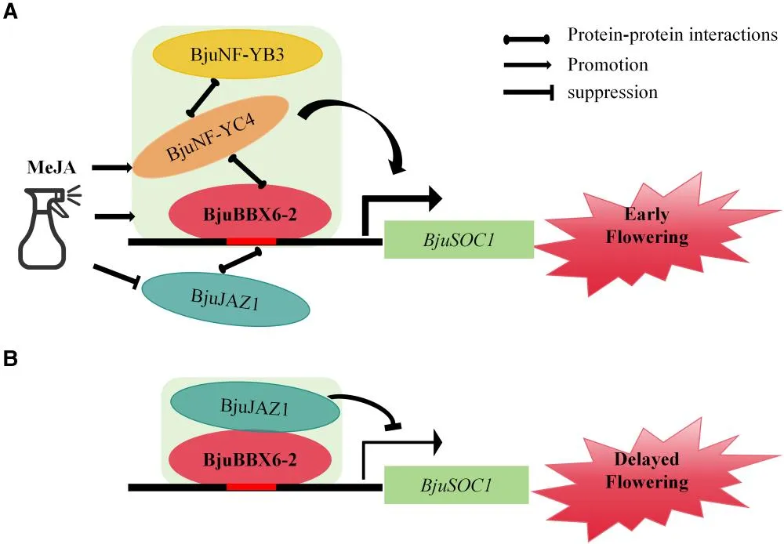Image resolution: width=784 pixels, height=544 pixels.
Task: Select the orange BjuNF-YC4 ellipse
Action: (x=212, y=136)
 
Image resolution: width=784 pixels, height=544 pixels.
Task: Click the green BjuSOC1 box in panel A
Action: (x=459, y=240)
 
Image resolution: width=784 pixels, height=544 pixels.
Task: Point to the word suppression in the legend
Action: (x=612, y=92)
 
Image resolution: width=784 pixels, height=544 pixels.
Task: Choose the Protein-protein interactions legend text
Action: (x=672, y=35)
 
